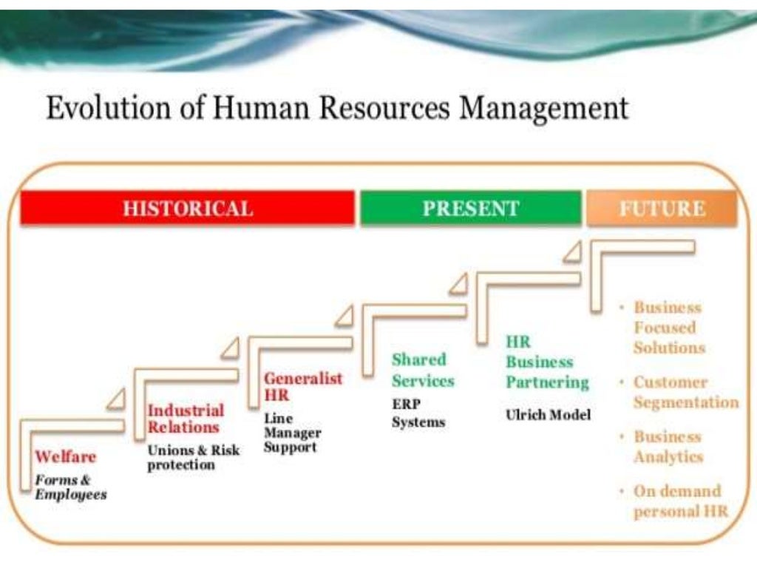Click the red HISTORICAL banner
tap(187, 208)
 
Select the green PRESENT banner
tap(471, 208)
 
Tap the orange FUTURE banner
tap(662, 208)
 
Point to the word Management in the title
tap(544, 108)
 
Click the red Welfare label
tap(65, 456)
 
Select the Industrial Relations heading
tap(185, 419)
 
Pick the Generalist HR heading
tap(303, 387)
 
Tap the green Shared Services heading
tap(423, 371)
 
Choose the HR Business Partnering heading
tap(547, 362)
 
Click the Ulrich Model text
tap(548, 415)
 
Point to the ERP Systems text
tap(418, 413)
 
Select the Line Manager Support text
tap(291, 433)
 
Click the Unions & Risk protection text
tap(193, 457)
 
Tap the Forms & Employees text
tap(70, 487)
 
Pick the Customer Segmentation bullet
tap(685, 393)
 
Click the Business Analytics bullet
tap(668, 447)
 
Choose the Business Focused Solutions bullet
tap(668, 328)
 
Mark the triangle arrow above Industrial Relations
tap(230, 346)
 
